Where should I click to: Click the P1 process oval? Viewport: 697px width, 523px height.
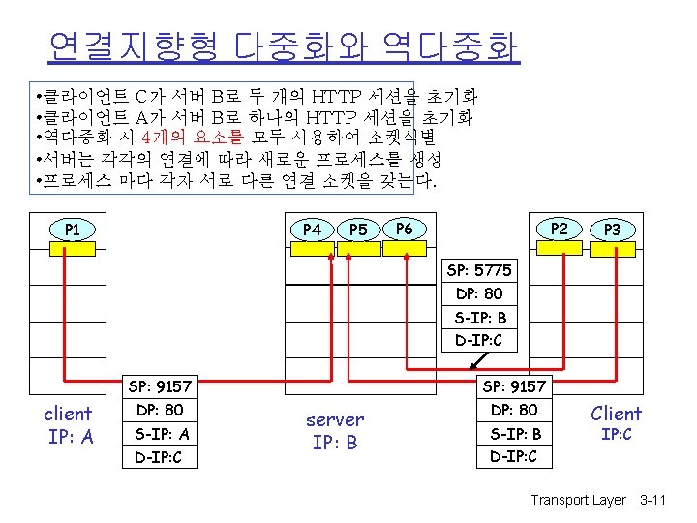(x=72, y=230)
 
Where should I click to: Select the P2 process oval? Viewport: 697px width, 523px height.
(x=558, y=229)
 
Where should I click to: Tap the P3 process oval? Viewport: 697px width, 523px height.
(x=612, y=230)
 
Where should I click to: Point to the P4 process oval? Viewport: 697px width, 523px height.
(x=312, y=230)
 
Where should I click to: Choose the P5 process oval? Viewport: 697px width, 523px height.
(x=358, y=230)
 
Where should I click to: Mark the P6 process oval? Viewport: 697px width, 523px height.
(x=405, y=229)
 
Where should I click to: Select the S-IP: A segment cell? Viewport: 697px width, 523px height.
(x=161, y=434)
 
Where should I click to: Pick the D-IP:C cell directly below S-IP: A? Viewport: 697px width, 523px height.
(x=161, y=457)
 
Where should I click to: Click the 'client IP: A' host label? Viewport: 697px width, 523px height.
(x=69, y=425)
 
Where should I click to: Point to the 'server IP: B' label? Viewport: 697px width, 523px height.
(x=335, y=431)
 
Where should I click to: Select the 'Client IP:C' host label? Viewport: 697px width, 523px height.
(x=617, y=423)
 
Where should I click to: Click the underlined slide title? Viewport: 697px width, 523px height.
(x=283, y=45)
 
